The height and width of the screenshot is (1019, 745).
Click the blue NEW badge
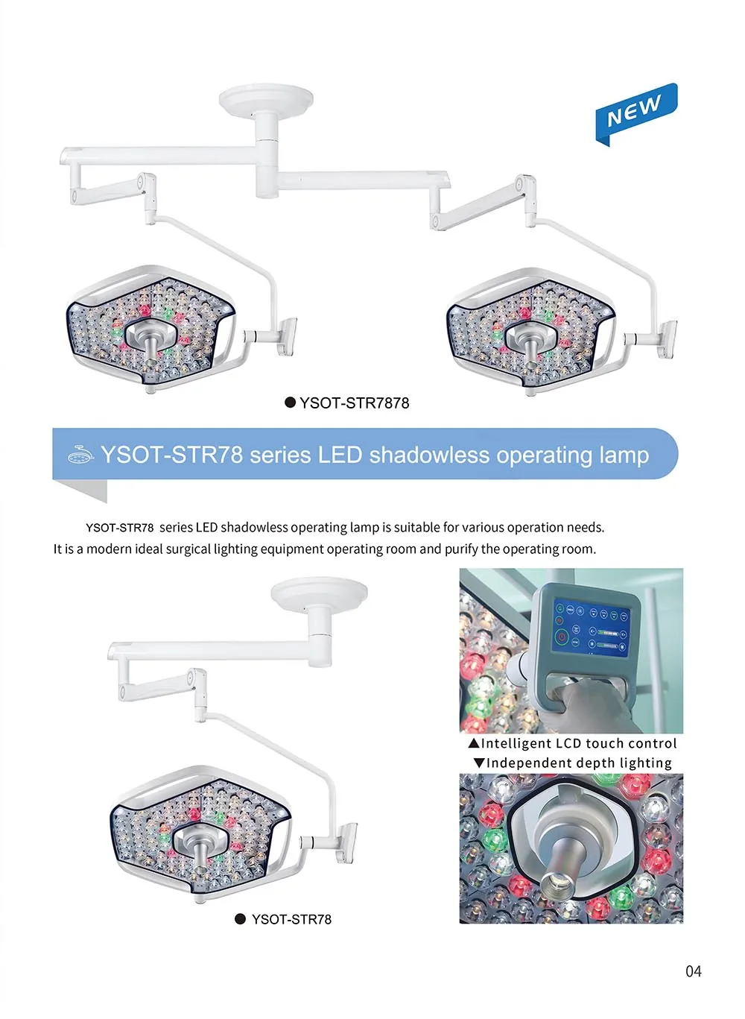pyautogui.click(x=635, y=113)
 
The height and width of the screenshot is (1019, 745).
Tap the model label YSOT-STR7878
pyautogui.click(x=354, y=403)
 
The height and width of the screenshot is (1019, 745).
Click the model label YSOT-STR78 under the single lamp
pyautogui.click(x=291, y=920)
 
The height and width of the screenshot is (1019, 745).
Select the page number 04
pyautogui.click(x=693, y=971)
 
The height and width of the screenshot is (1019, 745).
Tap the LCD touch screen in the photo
pyautogui.click(x=591, y=631)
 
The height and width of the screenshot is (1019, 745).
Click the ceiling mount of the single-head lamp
pyautogui.click(x=319, y=597)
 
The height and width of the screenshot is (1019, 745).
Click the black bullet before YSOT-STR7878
pyautogui.click(x=291, y=403)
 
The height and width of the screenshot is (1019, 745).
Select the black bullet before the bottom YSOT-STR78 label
pyautogui.click(x=240, y=920)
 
